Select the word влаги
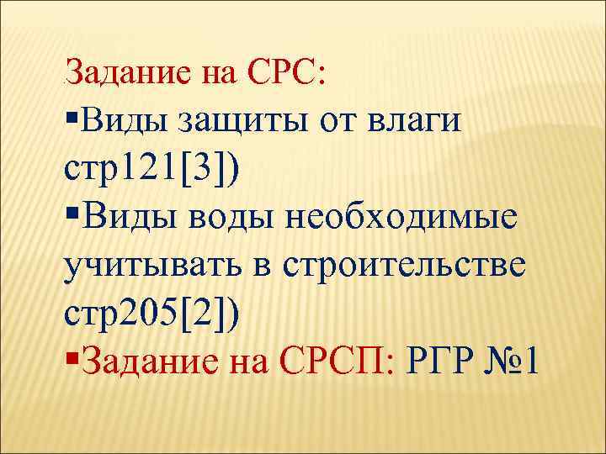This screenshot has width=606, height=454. click(x=414, y=121)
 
